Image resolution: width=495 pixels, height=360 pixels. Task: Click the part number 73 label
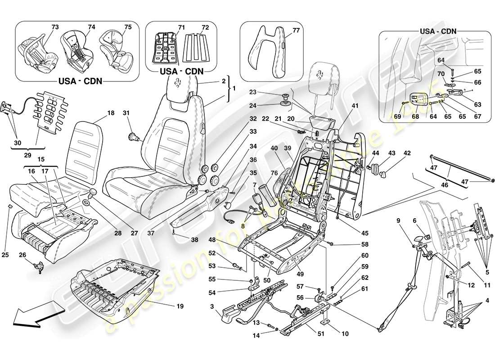[55, 27]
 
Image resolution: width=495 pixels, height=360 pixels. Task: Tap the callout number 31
[126, 113]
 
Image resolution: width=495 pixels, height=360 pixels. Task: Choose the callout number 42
[407, 153]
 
